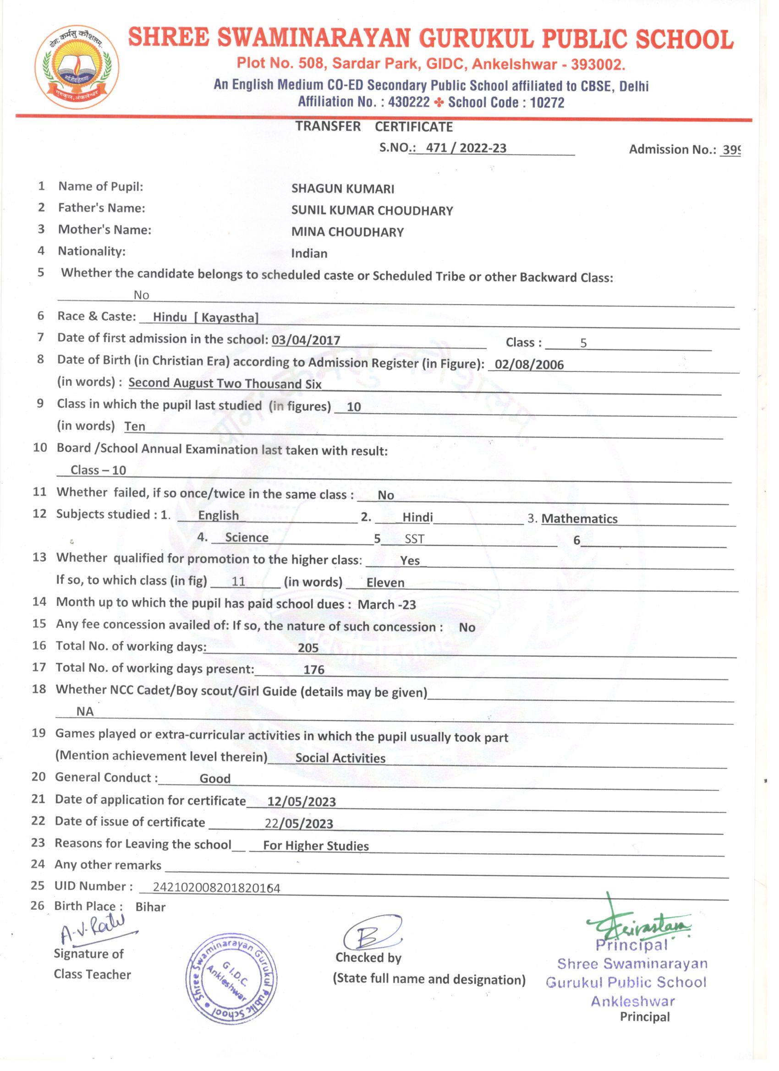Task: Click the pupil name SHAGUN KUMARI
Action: click(x=342, y=189)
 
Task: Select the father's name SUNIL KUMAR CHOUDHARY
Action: click(x=372, y=211)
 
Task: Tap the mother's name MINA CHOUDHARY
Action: click(x=347, y=232)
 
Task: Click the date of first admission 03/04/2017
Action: click(x=306, y=340)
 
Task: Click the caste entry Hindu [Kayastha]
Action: click(x=205, y=317)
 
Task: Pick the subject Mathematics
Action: click(x=579, y=519)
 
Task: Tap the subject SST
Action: click(x=414, y=539)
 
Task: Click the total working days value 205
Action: click(x=308, y=648)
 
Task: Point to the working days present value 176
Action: click(x=314, y=670)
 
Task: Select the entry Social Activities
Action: click(x=340, y=758)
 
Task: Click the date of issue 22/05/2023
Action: click(x=299, y=824)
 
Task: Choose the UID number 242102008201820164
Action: click(x=216, y=888)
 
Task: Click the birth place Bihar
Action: click(x=150, y=907)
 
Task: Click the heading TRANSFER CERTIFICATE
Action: click(x=373, y=126)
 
